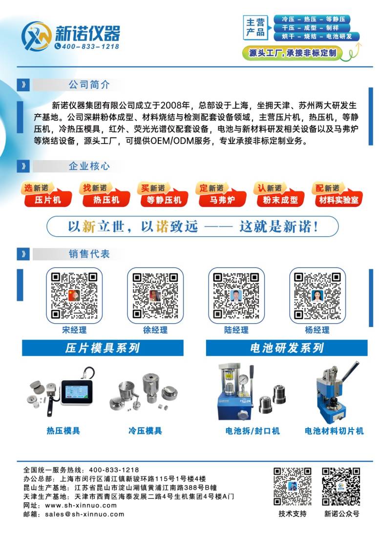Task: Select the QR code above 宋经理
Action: tap(74, 296)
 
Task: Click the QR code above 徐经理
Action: tap(155, 296)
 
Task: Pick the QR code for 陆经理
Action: tap(236, 296)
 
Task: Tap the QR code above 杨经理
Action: tap(317, 296)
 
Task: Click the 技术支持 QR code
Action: tap(293, 487)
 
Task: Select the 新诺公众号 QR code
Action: tap(341, 487)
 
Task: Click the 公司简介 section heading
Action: tap(89, 84)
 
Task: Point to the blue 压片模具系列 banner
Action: tap(103, 348)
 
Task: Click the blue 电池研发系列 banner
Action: tap(287, 348)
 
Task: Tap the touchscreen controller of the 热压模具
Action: tap(77, 392)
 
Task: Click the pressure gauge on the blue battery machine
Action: tap(244, 380)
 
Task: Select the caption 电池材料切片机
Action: tap(334, 431)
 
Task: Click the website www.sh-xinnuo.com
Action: tap(81, 505)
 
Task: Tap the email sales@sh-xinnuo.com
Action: tap(85, 514)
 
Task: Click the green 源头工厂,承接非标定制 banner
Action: tap(293, 53)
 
